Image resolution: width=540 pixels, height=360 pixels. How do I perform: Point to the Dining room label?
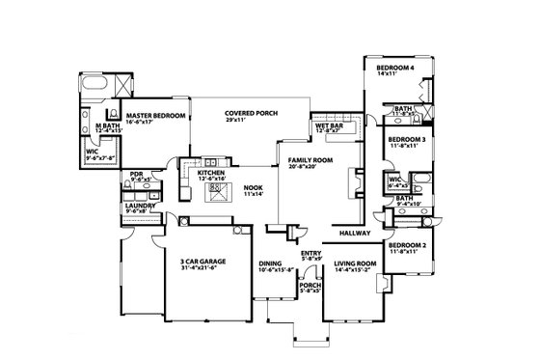270,262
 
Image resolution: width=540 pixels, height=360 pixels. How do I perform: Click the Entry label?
310,253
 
